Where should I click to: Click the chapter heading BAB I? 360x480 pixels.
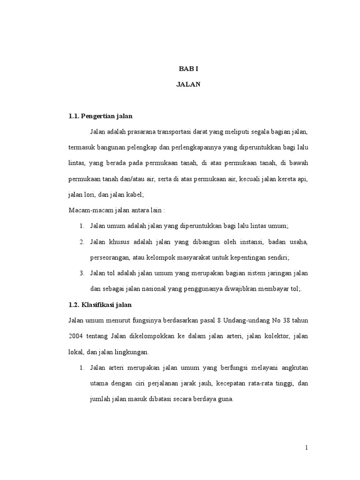(188, 69)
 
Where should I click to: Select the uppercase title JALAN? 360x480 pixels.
(188, 85)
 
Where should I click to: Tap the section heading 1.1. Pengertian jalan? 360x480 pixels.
(100, 116)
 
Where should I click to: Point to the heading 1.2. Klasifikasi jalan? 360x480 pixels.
(100, 305)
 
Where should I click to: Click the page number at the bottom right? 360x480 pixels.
(306, 448)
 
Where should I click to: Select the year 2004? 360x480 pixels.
(76, 337)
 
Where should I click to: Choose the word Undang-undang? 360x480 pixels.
(241, 321)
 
